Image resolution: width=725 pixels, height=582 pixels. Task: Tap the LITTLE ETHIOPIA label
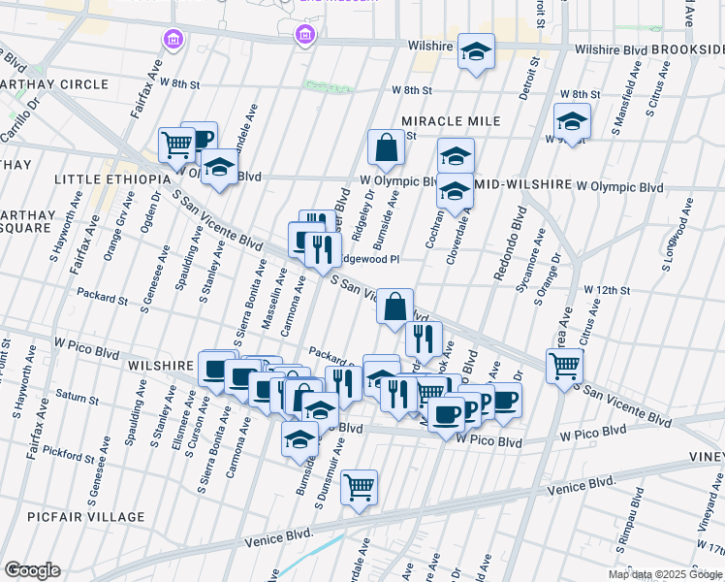point(104,180)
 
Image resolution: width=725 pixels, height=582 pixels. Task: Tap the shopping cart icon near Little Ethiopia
point(176,145)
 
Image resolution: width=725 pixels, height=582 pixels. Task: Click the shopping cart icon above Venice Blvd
point(360,487)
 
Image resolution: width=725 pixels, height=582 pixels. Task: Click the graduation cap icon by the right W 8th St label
point(572,121)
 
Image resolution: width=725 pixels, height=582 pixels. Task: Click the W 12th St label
point(607,290)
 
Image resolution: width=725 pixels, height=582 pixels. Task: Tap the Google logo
point(32,569)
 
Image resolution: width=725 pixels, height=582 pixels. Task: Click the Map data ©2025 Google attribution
point(664,574)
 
